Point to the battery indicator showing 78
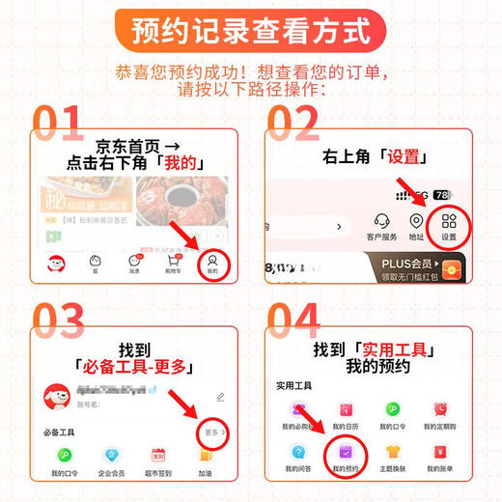442,194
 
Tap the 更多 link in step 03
214,433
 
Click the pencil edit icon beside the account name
221,396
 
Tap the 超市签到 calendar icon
158,455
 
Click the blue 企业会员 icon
113,455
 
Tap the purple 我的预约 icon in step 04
346,452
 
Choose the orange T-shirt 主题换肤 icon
393,452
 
